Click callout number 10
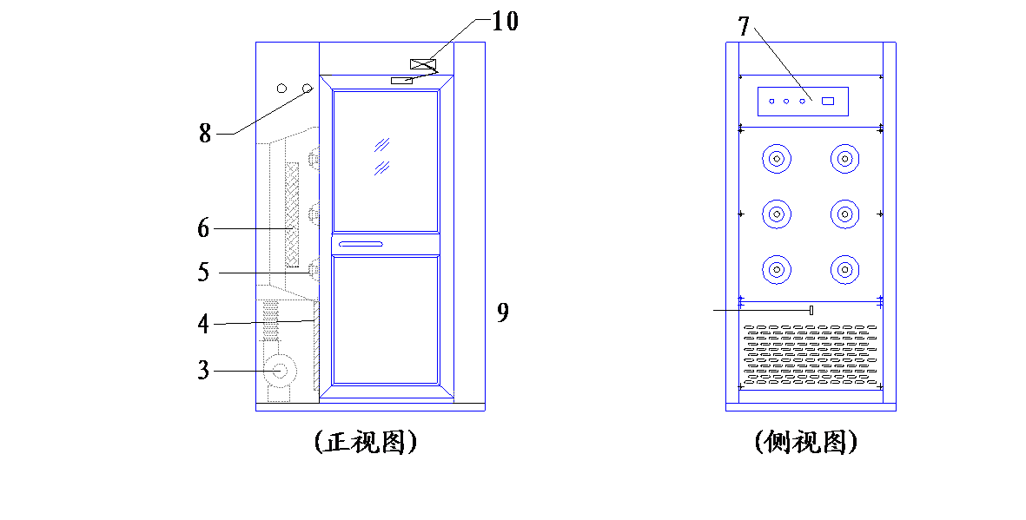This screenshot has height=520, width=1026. [505, 21]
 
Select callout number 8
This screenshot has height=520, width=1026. [206, 134]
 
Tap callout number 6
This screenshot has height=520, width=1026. [204, 228]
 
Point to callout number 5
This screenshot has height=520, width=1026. [204, 272]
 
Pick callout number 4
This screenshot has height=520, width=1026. [204, 324]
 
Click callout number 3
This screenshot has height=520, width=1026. [204, 370]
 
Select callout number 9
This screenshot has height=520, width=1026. [502, 313]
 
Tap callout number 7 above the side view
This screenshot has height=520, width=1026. [744, 26]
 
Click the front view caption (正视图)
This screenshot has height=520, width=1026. [366, 443]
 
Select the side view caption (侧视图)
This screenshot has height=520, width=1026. [806, 443]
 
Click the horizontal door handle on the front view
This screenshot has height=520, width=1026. [361, 245]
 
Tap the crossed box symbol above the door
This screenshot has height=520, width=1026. [423, 63]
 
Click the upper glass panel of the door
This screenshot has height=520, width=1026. [385, 161]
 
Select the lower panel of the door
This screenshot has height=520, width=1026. [385, 319]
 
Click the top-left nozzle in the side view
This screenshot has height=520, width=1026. [777, 158]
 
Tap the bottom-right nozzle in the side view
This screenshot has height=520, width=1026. [844, 269]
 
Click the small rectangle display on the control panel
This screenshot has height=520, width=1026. [829, 102]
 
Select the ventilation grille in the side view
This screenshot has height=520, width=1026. [810, 354]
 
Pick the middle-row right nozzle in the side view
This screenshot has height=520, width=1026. [844, 214]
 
